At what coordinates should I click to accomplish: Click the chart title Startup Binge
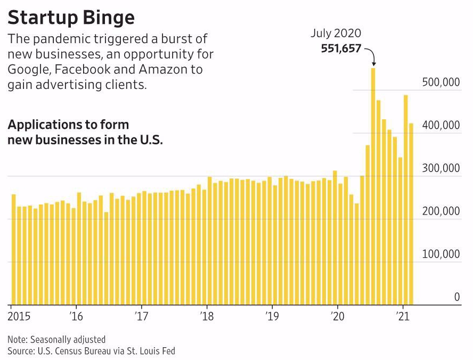pos(71,17)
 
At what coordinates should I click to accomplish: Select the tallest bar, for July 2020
pos(373,186)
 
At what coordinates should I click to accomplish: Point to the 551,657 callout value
pos(341,48)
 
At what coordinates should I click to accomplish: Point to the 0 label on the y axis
pos(456,297)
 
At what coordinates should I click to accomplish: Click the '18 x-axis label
pos(207,316)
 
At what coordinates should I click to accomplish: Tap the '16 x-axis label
pos(77,316)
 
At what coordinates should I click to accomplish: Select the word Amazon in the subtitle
pos(161,70)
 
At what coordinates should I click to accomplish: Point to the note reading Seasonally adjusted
pos(56,339)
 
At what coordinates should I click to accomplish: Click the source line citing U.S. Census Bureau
pos(91,350)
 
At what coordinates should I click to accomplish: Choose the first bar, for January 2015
pos(13,250)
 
